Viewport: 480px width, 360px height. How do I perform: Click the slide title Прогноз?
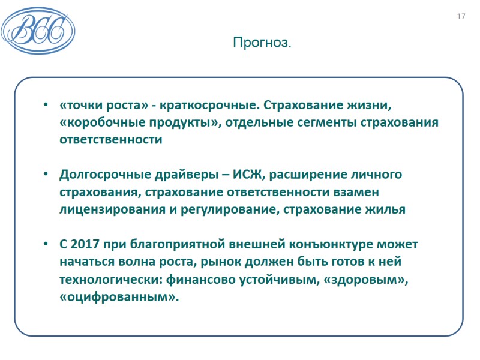[x=262, y=43]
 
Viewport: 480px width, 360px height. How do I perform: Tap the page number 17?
[x=461, y=16]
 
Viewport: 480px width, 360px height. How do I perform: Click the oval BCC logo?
[x=38, y=29]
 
